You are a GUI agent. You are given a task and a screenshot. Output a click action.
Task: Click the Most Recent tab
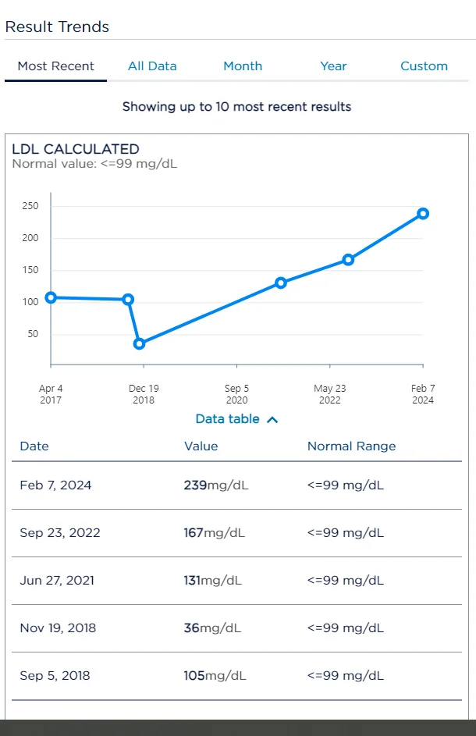(x=55, y=66)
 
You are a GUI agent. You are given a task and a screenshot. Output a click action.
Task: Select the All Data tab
(x=152, y=66)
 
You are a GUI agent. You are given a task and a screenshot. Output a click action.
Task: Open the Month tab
(x=243, y=66)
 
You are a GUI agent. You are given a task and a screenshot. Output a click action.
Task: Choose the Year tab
(x=333, y=66)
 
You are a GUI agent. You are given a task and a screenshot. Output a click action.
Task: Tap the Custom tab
(x=424, y=66)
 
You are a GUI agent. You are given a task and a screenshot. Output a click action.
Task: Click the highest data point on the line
(x=423, y=214)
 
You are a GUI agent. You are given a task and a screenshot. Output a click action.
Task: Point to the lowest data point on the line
(x=139, y=344)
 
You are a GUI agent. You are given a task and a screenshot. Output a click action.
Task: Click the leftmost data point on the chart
(x=51, y=297)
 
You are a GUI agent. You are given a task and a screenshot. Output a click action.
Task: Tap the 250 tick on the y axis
(x=30, y=206)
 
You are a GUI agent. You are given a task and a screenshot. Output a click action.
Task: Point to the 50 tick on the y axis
(x=33, y=334)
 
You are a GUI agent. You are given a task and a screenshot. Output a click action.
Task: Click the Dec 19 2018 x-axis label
(x=144, y=394)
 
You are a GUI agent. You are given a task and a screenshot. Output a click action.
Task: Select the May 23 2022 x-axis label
(x=329, y=394)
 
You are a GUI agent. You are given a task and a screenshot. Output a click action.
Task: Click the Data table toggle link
(x=236, y=419)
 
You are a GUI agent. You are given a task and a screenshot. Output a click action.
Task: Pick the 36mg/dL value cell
(x=212, y=628)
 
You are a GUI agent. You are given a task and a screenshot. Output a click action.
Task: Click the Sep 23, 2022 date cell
(x=60, y=533)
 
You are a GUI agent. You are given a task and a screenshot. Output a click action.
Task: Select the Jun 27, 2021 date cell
(x=57, y=581)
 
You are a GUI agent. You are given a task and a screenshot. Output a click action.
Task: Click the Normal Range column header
(x=351, y=446)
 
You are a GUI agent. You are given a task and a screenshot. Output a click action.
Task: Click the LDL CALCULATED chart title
(x=76, y=149)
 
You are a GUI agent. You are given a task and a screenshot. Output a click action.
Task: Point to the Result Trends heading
(x=57, y=27)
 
